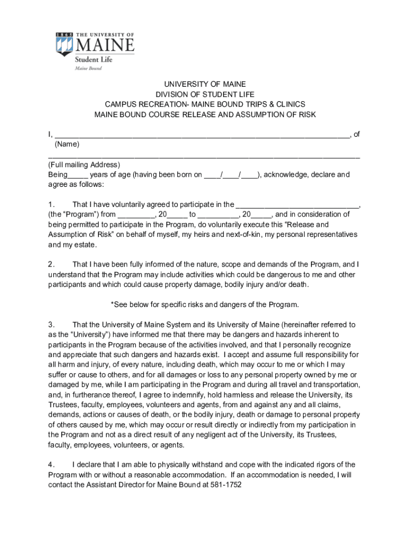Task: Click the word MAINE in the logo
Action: tap(104, 45)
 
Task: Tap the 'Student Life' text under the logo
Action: tap(94, 60)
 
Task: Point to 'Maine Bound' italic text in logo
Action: tap(88, 69)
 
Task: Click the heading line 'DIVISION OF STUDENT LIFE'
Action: tap(205, 94)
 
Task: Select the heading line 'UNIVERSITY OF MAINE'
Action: tap(205, 84)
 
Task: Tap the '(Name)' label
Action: tap(67, 144)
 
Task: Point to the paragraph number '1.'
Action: tap(52, 204)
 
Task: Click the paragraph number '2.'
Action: tap(52, 264)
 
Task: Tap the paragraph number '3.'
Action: tap(52, 324)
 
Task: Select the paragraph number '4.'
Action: tap(52, 465)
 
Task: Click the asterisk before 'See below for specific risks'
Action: tap(112, 305)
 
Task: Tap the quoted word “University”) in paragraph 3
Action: tap(84, 334)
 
